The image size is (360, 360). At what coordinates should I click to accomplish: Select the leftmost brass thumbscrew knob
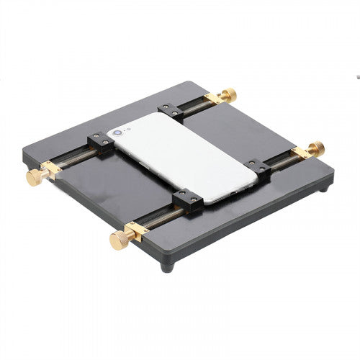32,177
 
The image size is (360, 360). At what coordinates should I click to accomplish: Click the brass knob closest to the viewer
117,240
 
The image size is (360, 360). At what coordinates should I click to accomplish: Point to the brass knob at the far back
229,94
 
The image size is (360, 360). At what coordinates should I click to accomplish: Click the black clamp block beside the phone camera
99,143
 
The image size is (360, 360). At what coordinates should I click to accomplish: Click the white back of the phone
180,155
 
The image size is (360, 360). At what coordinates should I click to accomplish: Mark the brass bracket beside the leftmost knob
50,171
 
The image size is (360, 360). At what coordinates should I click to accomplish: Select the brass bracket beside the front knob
135,232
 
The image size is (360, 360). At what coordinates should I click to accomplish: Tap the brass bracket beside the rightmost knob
302,153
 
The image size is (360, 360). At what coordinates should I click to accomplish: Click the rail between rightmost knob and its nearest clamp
281,161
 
